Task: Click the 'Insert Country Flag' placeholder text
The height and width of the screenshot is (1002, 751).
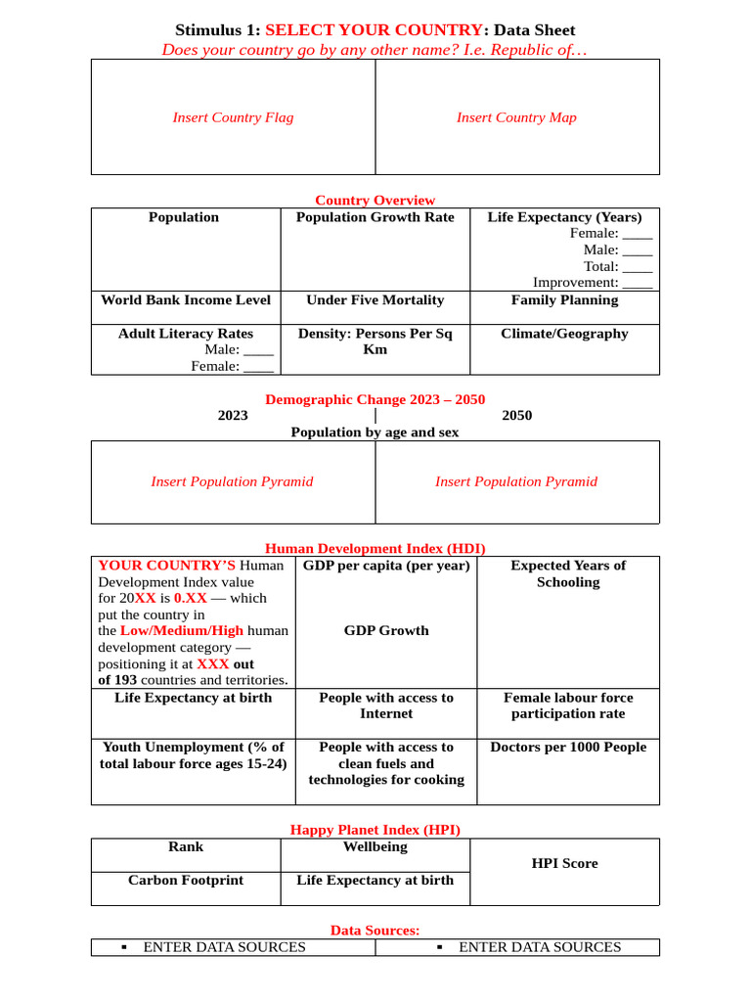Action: click(233, 117)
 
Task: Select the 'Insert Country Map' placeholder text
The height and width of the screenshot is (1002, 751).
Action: click(516, 117)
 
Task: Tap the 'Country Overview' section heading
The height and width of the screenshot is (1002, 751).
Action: click(375, 200)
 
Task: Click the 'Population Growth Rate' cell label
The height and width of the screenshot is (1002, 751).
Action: click(375, 217)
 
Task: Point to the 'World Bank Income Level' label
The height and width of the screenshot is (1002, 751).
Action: click(186, 300)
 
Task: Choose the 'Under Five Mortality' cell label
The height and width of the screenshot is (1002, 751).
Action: click(375, 300)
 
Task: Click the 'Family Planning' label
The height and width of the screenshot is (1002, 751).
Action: click(564, 300)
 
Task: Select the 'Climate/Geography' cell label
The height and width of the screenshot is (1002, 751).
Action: click(564, 334)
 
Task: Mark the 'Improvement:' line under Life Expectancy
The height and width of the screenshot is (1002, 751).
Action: click(593, 283)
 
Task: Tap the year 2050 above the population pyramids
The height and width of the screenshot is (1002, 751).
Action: click(516, 415)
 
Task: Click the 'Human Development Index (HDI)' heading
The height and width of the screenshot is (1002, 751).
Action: click(375, 548)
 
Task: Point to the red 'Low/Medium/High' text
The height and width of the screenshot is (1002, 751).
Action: click(182, 631)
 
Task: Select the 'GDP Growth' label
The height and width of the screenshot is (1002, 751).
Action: click(386, 631)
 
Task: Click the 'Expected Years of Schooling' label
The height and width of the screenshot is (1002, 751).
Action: click(568, 573)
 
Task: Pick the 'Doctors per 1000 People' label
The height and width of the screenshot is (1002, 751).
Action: click(568, 748)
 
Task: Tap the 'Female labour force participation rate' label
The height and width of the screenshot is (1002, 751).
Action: click(568, 706)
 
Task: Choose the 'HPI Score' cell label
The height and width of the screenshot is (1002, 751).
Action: click(564, 863)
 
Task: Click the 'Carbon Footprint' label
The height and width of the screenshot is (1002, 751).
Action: click(186, 881)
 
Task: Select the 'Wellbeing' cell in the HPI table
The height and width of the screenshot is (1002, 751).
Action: click(375, 846)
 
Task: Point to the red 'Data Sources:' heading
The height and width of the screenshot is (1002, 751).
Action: click(375, 930)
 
